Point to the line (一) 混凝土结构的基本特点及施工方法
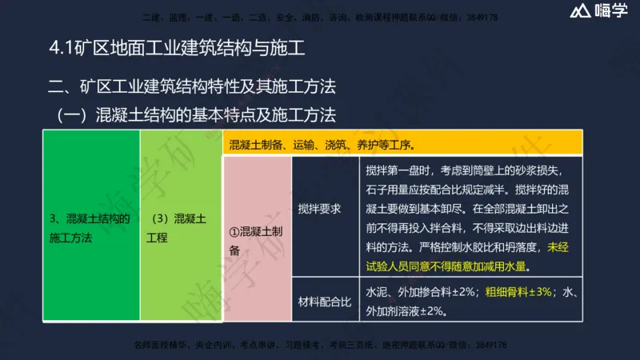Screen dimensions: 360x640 195,114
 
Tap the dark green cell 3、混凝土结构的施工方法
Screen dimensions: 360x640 90,228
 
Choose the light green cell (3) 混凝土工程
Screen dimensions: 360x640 178,228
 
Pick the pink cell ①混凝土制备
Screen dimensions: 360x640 256,241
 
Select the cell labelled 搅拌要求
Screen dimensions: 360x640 319,210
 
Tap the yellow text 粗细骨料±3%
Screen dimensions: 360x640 519,293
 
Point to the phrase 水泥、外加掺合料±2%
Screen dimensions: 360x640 422,293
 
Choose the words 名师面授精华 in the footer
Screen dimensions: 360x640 155,346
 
